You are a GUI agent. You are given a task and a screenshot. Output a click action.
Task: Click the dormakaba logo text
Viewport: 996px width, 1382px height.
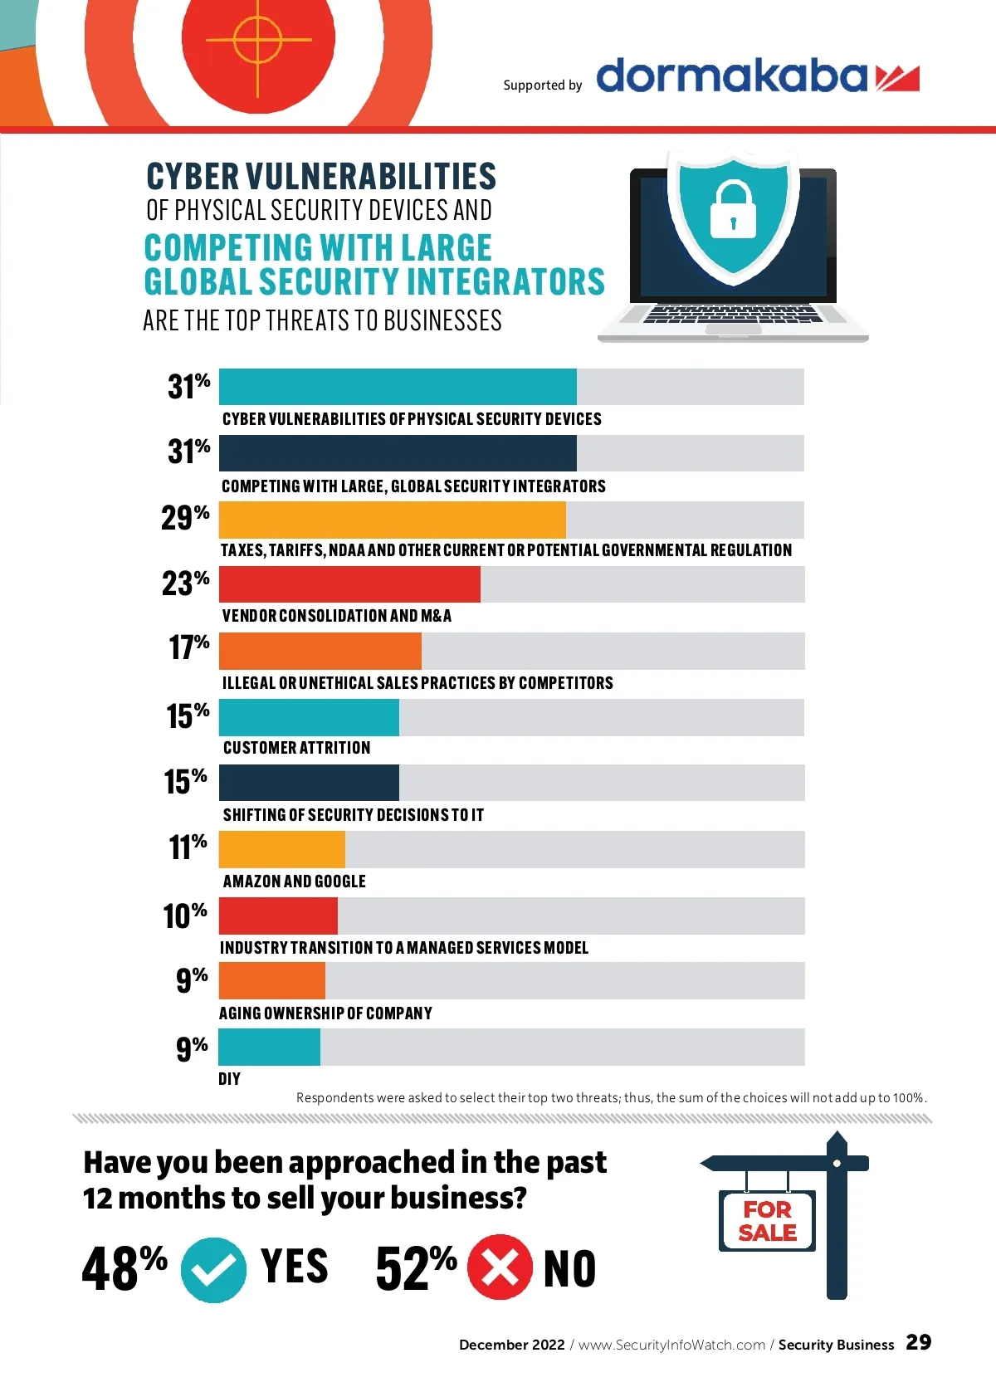click(731, 76)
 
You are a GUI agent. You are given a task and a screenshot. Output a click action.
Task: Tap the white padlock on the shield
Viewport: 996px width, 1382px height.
click(733, 211)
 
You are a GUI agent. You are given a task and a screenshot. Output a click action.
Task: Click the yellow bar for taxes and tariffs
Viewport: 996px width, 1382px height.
click(392, 520)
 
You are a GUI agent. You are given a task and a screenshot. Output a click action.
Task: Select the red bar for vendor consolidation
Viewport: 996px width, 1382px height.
click(349, 584)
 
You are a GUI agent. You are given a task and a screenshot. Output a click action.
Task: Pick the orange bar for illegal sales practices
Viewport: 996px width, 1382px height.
click(320, 651)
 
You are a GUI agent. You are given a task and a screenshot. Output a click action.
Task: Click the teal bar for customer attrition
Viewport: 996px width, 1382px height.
click(309, 717)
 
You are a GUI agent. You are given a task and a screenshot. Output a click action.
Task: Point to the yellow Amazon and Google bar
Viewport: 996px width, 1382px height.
click(281, 849)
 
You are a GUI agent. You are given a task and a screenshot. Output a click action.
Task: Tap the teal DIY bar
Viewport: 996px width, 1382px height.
click(269, 1047)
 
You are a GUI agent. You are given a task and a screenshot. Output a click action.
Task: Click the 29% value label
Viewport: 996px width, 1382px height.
click(185, 518)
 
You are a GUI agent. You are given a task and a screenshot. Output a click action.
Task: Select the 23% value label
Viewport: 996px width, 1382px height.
click(185, 583)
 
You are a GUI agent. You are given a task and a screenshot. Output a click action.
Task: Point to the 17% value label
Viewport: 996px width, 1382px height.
click(188, 647)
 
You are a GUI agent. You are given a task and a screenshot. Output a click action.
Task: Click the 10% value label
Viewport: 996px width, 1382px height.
click(184, 916)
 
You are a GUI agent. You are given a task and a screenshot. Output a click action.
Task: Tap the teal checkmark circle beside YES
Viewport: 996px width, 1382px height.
click(213, 1269)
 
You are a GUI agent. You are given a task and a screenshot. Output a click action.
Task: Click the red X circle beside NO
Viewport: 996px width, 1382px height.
click(500, 1267)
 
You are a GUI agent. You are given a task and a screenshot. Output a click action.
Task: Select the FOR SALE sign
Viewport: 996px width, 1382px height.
click(767, 1221)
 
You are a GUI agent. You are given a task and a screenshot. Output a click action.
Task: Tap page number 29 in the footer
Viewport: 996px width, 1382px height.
click(918, 1342)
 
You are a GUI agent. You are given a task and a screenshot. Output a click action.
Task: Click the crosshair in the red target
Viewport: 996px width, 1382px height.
click(258, 39)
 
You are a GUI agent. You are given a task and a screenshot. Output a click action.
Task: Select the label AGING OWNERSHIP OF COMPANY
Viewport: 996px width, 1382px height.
click(325, 1013)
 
